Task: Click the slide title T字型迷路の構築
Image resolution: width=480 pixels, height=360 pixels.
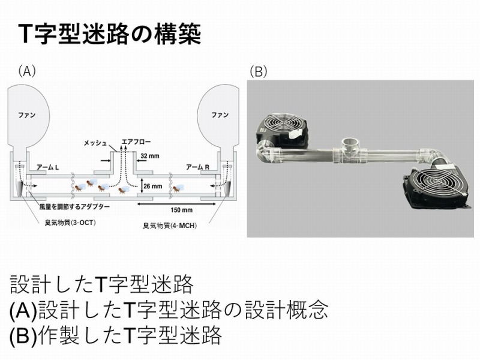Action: [109, 34]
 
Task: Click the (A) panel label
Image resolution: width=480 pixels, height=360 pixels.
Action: [27, 71]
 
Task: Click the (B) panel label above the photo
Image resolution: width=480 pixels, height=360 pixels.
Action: [258, 71]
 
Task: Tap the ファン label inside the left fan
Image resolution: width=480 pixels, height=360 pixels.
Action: [27, 114]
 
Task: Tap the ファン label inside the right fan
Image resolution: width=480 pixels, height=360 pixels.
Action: [220, 114]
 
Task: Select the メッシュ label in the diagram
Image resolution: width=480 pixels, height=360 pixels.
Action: [95, 143]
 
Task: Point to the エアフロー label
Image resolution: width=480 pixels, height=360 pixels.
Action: [136, 143]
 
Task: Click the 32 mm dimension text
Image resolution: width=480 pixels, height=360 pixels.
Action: [151, 155]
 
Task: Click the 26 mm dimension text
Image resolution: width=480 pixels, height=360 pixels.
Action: [152, 187]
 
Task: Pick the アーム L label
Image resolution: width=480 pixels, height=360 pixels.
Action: [47, 167]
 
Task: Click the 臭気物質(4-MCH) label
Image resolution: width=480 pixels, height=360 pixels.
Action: [170, 226]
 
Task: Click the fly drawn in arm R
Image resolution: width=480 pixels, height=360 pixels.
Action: [178, 187]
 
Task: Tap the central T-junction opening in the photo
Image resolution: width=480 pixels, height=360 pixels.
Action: [349, 145]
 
